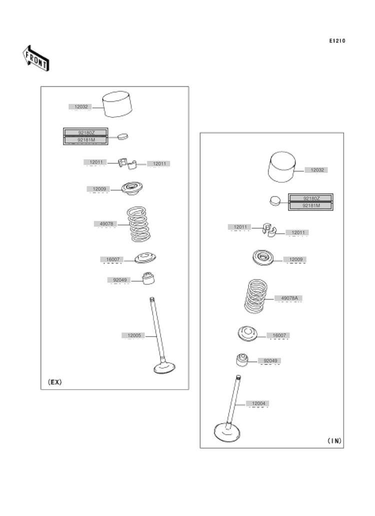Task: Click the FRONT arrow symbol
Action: coord(35,58)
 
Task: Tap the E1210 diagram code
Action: coord(337,41)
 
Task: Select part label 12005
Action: coord(132,335)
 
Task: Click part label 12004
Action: coord(258,403)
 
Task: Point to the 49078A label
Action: coord(289,298)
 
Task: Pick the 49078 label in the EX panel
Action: coord(105,224)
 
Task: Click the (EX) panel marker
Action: coord(54,382)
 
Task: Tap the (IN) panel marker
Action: coord(334,441)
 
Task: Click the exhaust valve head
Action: coord(164,368)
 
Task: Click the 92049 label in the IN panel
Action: coord(270,360)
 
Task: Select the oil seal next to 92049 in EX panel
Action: coord(148,277)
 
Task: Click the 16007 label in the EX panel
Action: coord(112,259)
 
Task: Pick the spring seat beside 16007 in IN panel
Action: coord(248,333)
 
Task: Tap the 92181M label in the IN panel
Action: coord(311,205)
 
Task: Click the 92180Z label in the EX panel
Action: coord(85,133)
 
